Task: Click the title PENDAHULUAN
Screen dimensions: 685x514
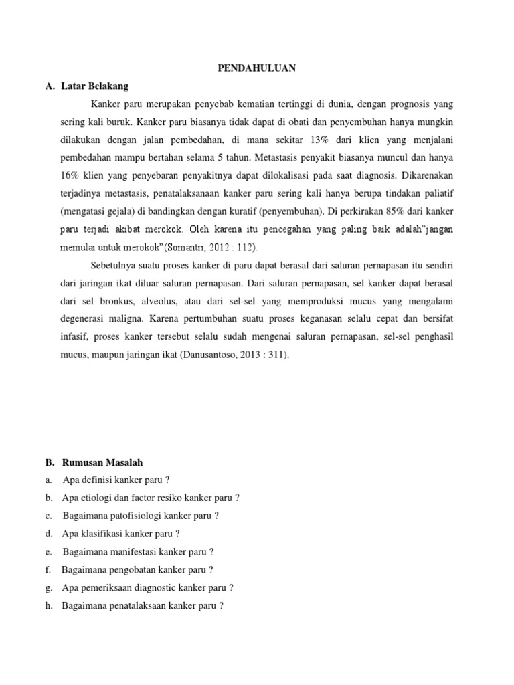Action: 257,68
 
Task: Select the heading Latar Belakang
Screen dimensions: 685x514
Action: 95,86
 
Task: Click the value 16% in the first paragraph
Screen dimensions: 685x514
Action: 70,176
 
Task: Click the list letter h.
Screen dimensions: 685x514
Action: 49,606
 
